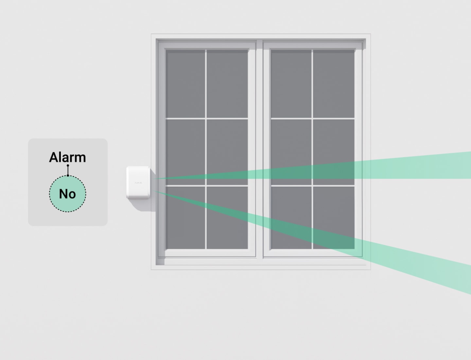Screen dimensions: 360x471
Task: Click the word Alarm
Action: [x=67, y=157]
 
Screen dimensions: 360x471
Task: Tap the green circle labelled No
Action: [x=67, y=194]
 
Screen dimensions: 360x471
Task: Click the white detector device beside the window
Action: [x=139, y=183]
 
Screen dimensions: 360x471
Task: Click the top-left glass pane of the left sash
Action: [x=185, y=83]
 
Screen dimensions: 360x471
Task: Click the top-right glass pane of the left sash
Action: [x=227, y=83]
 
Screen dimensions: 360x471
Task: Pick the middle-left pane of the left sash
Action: [x=185, y=151]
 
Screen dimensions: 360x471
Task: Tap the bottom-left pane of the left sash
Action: [x=185, y=223]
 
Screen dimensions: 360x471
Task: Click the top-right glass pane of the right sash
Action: [x=334, y=83]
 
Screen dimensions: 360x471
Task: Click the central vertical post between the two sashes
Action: [x=260, y=147]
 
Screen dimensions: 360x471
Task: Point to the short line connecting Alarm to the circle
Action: [x=68, y=171]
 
